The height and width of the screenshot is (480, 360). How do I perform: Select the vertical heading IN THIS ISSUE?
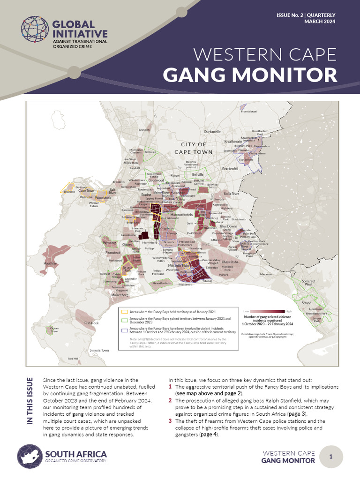[30, 401]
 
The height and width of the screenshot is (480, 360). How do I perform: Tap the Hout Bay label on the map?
[50, 264]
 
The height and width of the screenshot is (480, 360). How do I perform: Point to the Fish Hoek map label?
[91, 323]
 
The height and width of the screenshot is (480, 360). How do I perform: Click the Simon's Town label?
[99, 350]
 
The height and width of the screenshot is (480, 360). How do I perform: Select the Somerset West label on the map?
[309, 282]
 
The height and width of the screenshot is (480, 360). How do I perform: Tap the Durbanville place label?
[212, 132]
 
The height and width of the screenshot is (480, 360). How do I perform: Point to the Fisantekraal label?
[249, 112]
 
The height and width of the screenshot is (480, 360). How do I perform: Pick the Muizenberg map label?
[120, 295]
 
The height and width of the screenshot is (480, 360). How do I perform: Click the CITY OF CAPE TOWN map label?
[194, 148]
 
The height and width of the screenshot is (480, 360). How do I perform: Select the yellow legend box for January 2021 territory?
[125, 311]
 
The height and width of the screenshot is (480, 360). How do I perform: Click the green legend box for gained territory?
[125, 320]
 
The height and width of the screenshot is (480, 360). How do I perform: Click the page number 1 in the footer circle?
[330, 457]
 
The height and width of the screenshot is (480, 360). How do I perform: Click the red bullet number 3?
[170, 421]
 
